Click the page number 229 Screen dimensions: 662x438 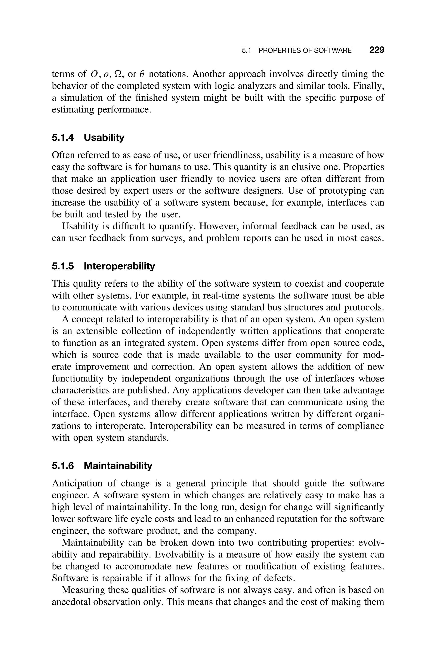pyautogui.click(x=377, y=50)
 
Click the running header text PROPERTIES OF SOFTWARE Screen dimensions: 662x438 pyautogui.click(x=305, y=51)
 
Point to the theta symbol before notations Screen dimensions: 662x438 pyautogui.click(x=142, y=74)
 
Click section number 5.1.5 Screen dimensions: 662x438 pyautogui.click(x=63, y=266)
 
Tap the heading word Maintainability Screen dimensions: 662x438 pyautogui.click(x=118, y=466)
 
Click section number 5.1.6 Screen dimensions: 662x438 pyautogui.click(x=63, y=466)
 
